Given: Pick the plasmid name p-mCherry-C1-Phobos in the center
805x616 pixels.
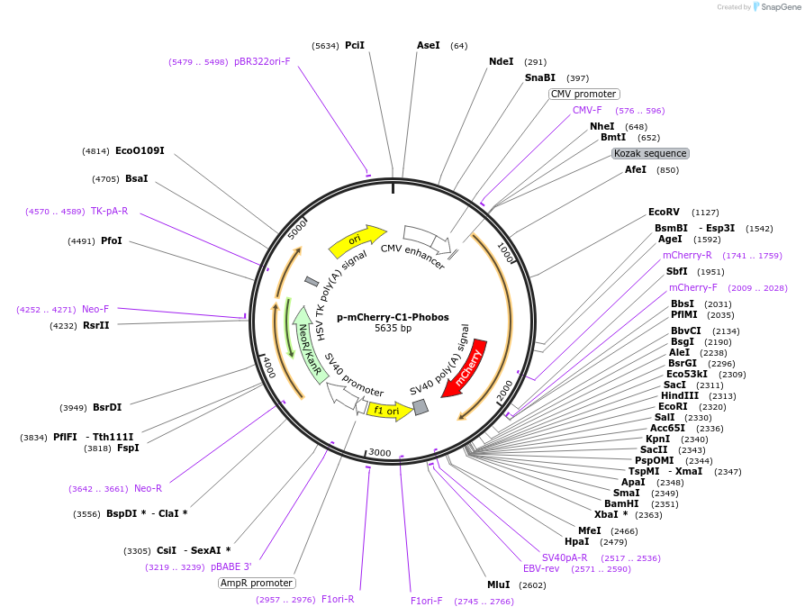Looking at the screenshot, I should [393, 317].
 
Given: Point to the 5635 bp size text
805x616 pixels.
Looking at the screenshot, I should [393, 329].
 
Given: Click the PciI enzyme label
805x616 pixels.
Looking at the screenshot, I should [355, 45].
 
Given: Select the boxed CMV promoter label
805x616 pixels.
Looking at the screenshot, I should [583, 94].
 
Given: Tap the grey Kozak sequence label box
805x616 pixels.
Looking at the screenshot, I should [650, 153].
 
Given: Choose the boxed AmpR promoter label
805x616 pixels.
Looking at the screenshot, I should [256, 583].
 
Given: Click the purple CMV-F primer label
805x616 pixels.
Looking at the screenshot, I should [587, 110].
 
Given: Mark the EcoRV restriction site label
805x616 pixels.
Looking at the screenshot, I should [664, 212].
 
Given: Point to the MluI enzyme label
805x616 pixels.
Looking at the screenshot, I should [498, 584].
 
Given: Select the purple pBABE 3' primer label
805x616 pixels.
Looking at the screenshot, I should [231, 566].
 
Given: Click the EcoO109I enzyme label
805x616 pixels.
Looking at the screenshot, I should [140, 150].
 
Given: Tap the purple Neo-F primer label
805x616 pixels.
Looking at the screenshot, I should [95, 309].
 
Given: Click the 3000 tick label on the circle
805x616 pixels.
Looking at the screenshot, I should [379, 452].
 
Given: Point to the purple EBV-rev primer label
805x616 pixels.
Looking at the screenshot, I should [541, 568].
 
